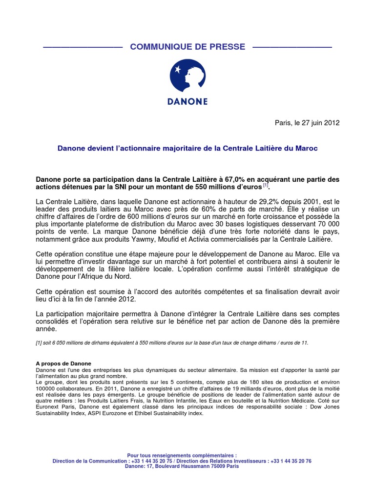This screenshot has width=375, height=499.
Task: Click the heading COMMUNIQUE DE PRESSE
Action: [187, 47]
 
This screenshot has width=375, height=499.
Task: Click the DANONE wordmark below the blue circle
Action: [187, 101]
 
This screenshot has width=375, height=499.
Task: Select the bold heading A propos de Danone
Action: [63, 364]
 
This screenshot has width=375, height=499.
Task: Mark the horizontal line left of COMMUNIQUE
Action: [82, 47]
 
